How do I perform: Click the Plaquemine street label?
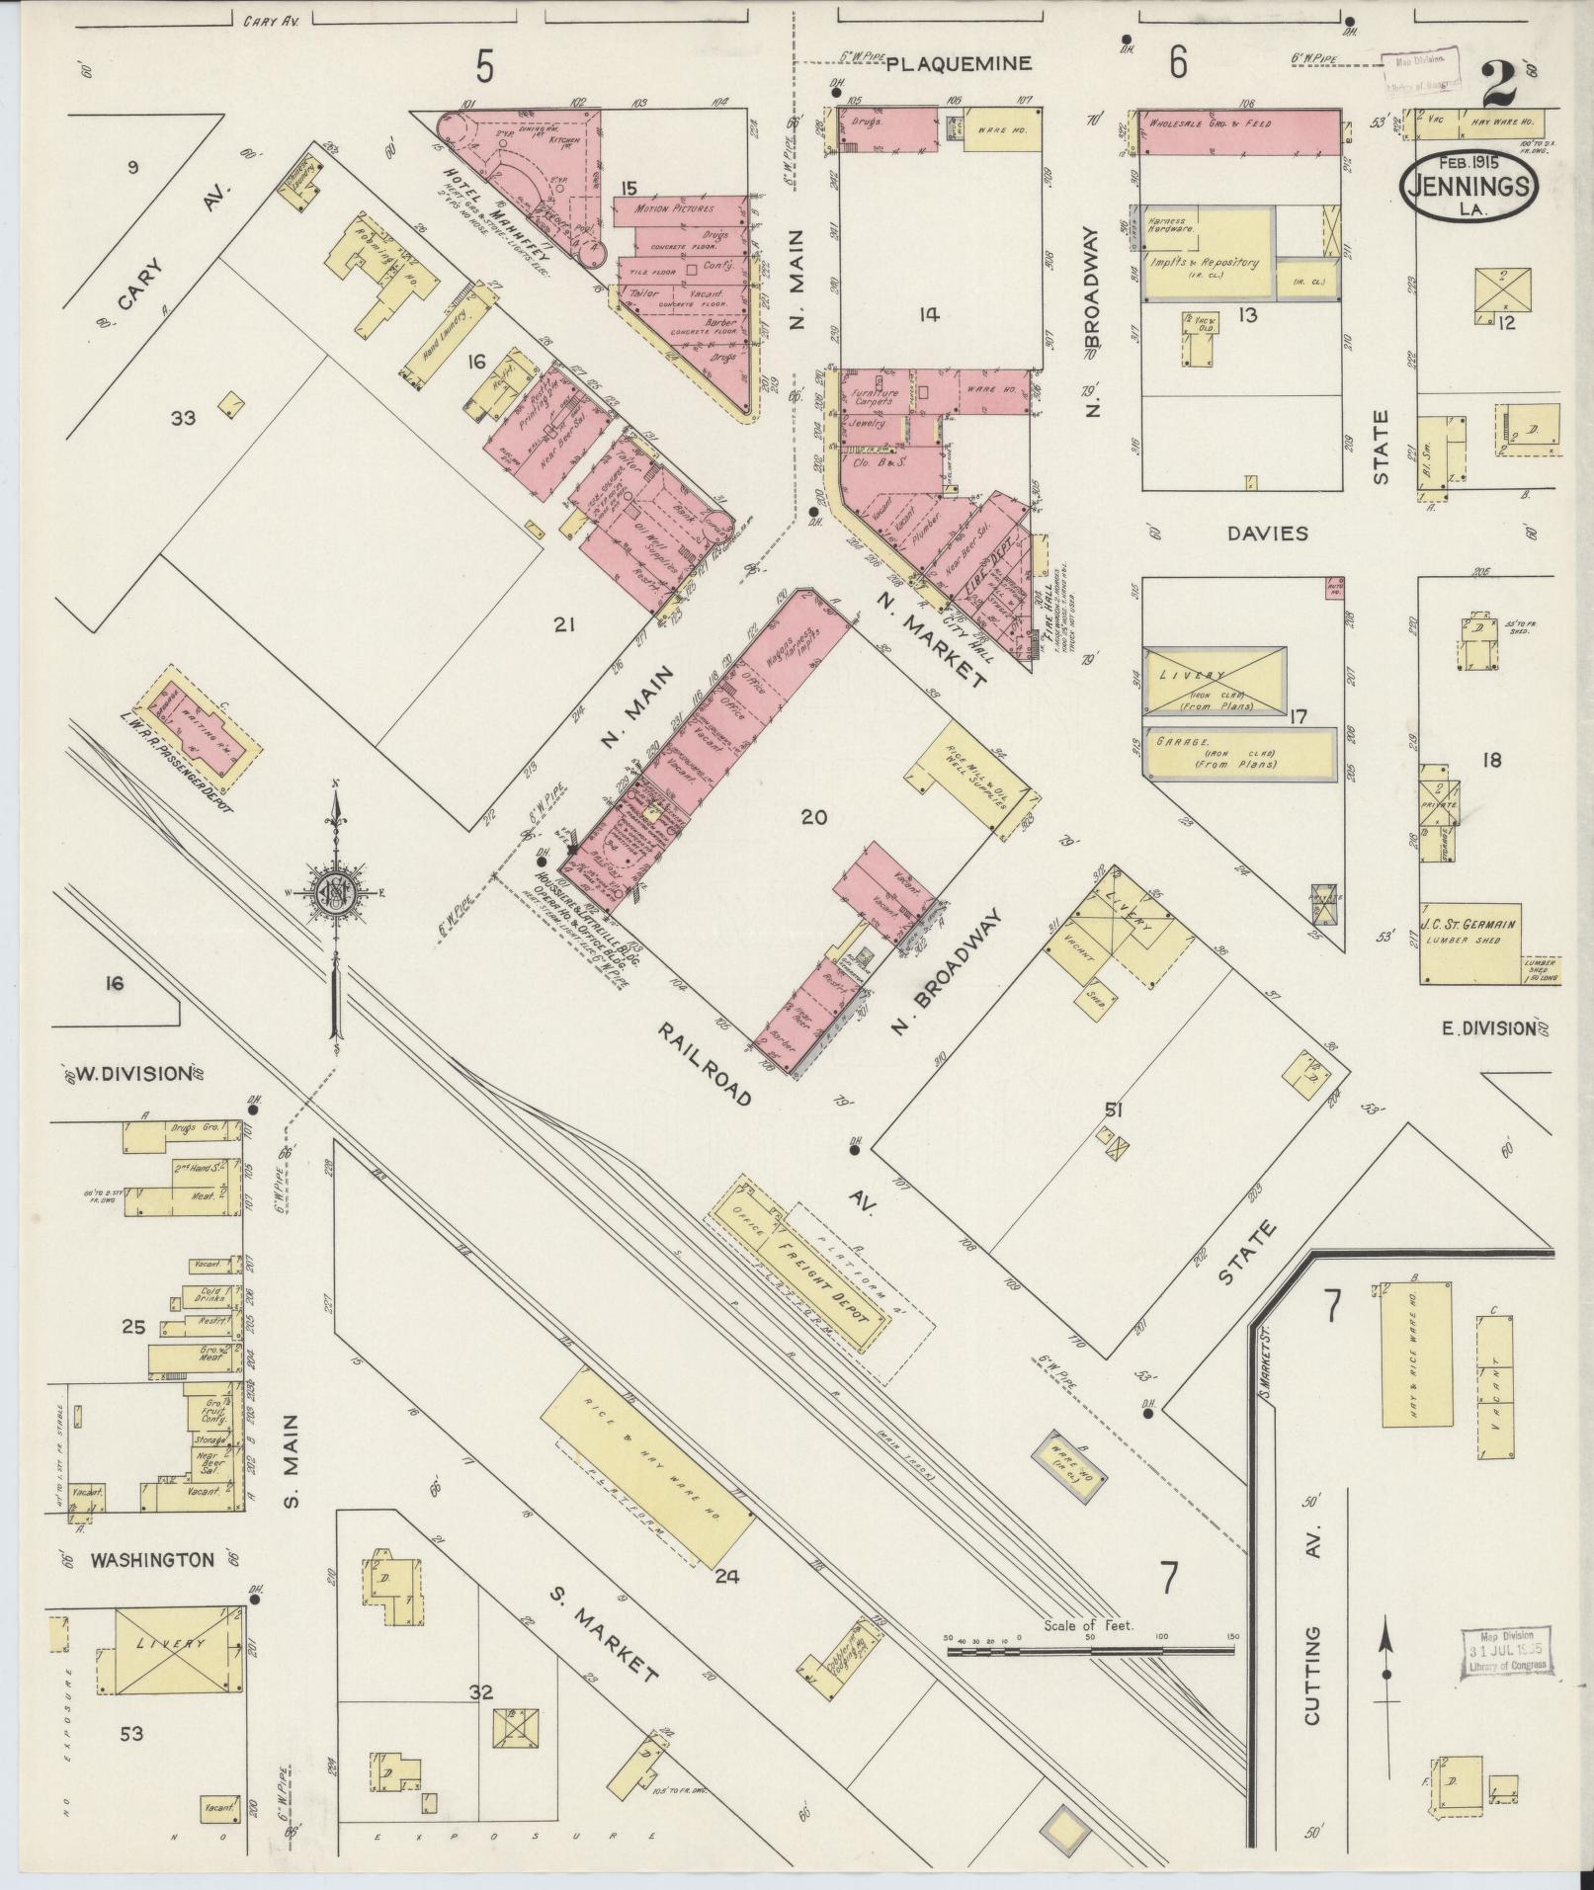[x=958, y=64]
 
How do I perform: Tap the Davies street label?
[x=1267, y=534]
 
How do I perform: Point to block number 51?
[x=1115, y=1110]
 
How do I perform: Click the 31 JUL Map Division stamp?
[x=1504, y=1651]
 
